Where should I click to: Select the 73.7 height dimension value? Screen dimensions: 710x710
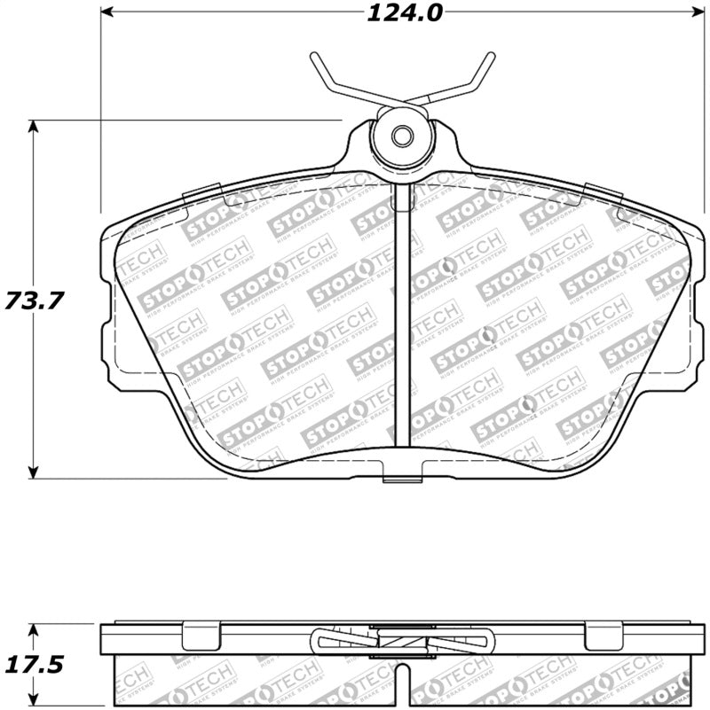(35, 300)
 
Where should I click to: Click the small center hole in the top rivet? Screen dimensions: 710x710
(401, 137)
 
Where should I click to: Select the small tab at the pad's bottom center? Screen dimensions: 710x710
(401, 480)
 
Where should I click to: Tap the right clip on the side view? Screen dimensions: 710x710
(600, 635)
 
